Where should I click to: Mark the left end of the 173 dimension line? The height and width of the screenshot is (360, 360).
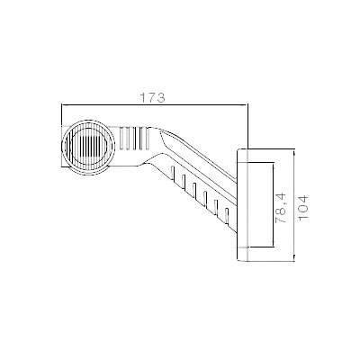(x=61, y=104)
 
